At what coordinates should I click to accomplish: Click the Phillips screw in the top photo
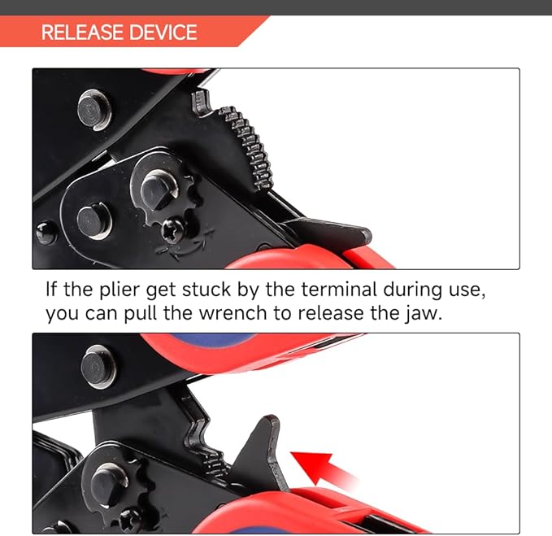point(172,231)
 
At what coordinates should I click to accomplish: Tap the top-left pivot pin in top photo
point(93,110)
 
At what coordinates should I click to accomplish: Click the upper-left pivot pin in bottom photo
point(98,366)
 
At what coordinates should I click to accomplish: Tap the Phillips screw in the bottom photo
point(130,518)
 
